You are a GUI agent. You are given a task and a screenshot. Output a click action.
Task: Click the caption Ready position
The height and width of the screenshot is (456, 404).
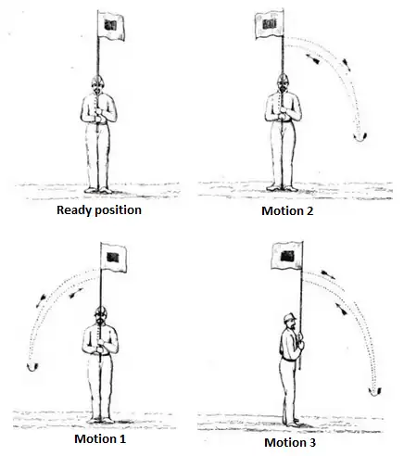99,210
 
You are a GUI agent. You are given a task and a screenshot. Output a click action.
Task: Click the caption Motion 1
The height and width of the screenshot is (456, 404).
100,438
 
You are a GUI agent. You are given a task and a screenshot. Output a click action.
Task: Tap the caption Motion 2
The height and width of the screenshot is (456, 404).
287,210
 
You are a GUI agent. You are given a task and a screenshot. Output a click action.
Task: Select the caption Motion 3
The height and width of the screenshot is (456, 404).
290,442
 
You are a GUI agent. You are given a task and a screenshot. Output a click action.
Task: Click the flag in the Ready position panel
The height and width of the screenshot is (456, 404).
111,26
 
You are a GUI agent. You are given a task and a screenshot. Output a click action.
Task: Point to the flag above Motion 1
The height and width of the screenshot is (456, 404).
114,258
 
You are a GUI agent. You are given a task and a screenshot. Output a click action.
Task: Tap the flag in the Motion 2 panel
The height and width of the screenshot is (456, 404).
270,25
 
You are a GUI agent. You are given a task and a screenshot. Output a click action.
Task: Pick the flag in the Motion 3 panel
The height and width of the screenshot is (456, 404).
286,256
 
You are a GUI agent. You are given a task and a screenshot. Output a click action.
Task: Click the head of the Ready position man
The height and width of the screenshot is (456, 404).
97,84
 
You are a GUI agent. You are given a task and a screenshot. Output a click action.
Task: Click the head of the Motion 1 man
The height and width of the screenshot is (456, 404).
100,315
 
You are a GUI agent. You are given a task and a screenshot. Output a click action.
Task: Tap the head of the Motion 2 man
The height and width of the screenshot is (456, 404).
283,82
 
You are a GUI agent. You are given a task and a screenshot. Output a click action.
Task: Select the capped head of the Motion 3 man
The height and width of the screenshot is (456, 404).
290,322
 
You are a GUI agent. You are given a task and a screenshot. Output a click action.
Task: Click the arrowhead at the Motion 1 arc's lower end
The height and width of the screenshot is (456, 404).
32,367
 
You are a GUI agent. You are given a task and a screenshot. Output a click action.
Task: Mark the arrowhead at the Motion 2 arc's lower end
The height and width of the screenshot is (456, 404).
360,137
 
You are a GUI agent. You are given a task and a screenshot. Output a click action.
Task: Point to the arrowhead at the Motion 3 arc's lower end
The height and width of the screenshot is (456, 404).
375,392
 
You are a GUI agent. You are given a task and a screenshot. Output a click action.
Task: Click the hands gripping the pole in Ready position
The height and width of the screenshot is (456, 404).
98,115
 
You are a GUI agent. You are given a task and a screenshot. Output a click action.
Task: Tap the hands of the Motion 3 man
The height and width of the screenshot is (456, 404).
300,340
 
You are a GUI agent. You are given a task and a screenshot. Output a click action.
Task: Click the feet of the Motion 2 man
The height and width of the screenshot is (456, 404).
283,188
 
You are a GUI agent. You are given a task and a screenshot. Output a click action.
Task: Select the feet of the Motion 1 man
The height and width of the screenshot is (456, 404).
100,420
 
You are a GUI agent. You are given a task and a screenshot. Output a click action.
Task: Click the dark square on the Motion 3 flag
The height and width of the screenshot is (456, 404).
287,256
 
